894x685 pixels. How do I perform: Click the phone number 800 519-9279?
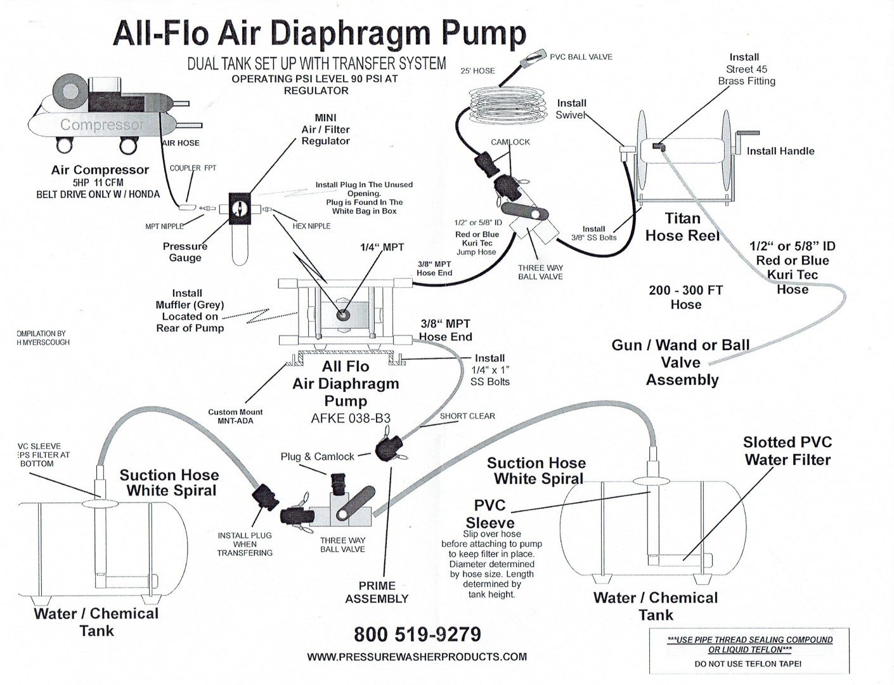point(417,634)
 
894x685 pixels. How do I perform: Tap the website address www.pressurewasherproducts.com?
point(417,657)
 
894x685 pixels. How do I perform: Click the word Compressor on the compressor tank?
point(102,124)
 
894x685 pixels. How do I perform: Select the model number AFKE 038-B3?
point(351,418)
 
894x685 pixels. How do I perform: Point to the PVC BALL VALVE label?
point(581,57)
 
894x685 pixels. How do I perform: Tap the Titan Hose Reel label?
point(682,227)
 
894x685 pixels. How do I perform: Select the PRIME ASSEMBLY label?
point(377,592)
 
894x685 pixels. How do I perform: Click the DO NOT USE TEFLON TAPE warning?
point(748,663)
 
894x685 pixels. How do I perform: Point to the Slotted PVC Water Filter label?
point(787,451)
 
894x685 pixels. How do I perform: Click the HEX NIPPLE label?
point(311,226)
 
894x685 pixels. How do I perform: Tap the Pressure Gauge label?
point(185,252)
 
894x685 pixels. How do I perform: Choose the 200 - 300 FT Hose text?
point(685,297)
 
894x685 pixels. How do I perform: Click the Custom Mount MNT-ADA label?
point(235,416)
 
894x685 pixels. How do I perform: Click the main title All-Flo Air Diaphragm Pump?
point(319,33)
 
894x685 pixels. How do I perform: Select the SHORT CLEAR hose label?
point(467,416)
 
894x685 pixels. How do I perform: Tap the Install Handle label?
point(780,151)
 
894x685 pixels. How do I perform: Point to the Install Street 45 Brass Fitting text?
point(746,69)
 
